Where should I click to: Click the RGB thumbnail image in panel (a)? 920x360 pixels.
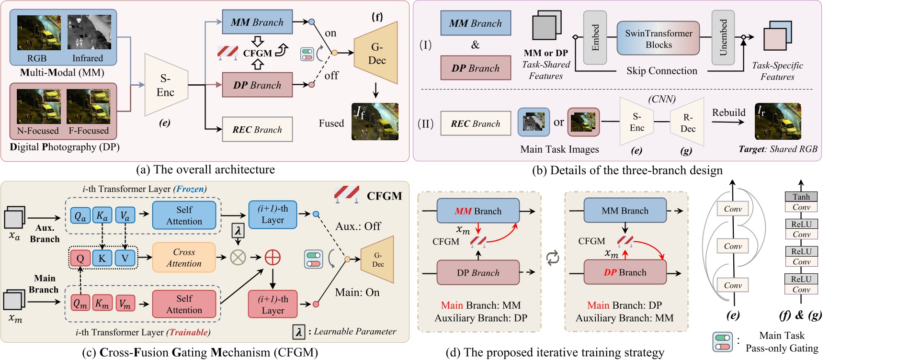(x=39, y=33)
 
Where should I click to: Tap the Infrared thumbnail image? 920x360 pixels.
(x=89, y=32)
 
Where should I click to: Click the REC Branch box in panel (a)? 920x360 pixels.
(x=257, y=129)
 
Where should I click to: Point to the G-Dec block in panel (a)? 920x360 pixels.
(x=376, y=53)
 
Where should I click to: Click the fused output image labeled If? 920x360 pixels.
(x=375, y=122)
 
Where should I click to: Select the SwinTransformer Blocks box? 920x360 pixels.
(x=658, y=39)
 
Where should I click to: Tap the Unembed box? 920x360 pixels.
(x=723, y=38)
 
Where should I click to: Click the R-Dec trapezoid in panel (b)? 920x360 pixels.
(x=687, y=123)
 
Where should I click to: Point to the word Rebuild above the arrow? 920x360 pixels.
(x=728, y=112)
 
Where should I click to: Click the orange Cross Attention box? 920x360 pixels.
(x=184, y=258)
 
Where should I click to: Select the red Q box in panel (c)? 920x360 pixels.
(x=80, y=259)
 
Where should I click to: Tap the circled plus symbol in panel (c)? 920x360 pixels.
(x=273, y=258)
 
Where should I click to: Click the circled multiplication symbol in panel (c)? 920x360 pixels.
(x=238, y=258)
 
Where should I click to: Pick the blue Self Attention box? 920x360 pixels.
(x=184, y=215)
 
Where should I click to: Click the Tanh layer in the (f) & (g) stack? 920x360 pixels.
(x=801, y=197)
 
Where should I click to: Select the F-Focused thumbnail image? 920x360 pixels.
(x=89, y=106)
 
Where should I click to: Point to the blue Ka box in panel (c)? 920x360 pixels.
(x=102, y=216)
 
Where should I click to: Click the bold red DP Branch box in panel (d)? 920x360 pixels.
(x=625, y=272)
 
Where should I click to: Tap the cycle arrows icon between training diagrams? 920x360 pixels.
(x=553, y=258)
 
